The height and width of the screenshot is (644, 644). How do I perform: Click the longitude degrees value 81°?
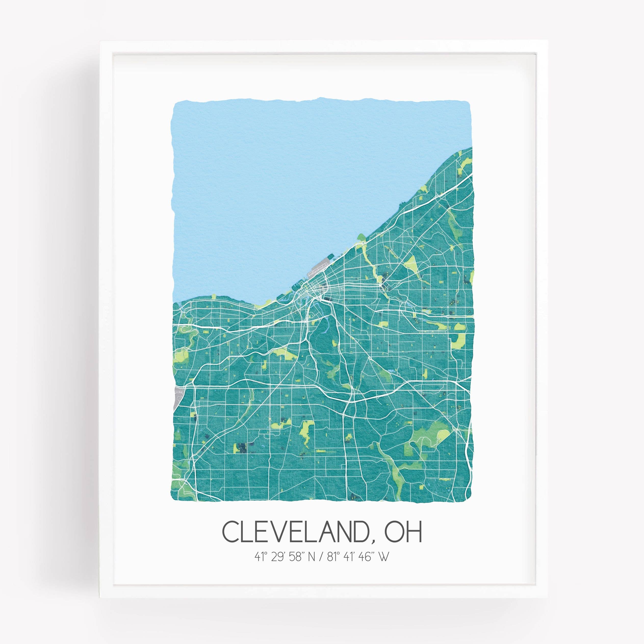point(332,557)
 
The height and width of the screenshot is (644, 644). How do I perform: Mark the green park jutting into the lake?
point(361,237)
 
